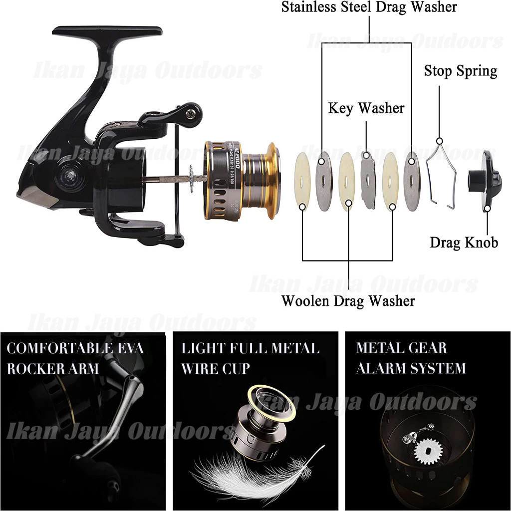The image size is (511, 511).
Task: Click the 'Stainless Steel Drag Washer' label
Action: [369, 7]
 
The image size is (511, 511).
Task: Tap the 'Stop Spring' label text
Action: [461, 71]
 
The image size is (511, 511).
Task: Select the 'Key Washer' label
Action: [366, 108]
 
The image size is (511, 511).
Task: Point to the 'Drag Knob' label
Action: [464, 243]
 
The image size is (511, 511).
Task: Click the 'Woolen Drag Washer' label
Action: [348, 301]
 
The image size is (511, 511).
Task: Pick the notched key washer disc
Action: [368, 180]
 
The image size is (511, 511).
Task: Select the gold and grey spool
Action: [242, 180]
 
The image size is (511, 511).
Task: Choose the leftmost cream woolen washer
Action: [302, 180]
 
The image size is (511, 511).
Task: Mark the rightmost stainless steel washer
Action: [412, 181]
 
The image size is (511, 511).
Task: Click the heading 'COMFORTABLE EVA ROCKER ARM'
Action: [75, 358]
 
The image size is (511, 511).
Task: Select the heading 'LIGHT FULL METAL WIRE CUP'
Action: [250, 358]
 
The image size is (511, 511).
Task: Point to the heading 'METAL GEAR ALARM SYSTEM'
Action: [411, 358]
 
